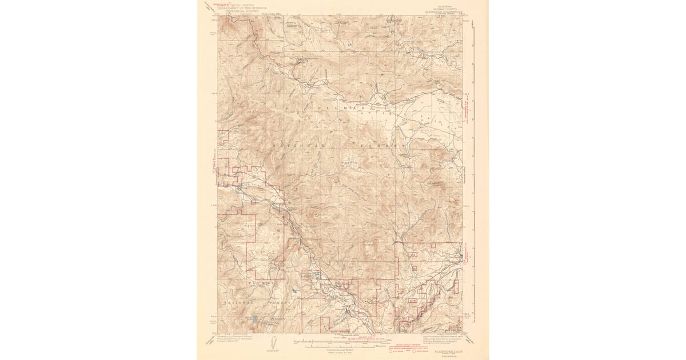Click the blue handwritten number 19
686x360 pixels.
[x=349, y=43]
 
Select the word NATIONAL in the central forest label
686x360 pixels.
[x=297, y=146]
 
